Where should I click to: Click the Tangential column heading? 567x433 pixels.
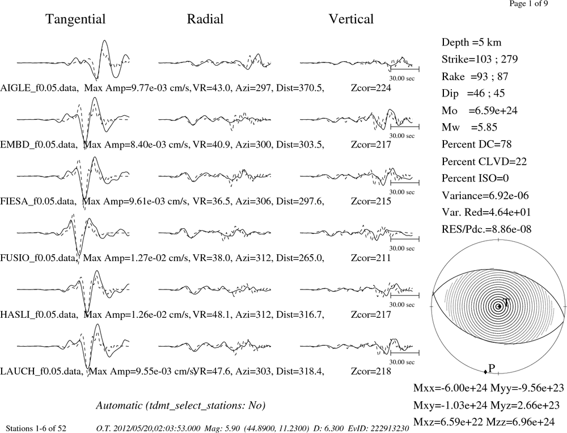75,19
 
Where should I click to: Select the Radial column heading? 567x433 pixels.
205,19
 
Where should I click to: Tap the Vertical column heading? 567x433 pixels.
351,19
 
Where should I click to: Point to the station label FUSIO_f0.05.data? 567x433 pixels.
39,258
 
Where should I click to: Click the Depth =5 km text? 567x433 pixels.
472,43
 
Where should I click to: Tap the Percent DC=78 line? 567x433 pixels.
477,144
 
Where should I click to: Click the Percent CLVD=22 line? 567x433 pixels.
484,161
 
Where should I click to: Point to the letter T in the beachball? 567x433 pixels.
506,302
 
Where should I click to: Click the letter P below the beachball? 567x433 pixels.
492,368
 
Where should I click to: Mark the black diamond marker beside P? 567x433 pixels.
485,372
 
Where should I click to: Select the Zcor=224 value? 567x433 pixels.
371,88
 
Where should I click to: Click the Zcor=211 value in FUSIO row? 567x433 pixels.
371,258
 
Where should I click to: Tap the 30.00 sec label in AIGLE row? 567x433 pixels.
402,78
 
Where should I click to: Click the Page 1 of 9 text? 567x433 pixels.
528,3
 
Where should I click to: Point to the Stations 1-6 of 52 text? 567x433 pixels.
36,428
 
